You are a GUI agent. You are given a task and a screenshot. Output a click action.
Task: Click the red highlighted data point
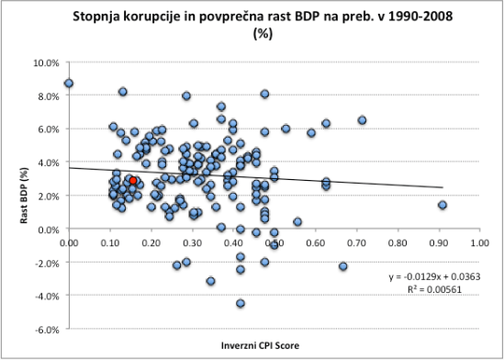pos(132,181)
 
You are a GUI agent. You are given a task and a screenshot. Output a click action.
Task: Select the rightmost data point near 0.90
pos(442,205)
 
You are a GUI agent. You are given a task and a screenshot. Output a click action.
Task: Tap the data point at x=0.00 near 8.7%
pos(69,84)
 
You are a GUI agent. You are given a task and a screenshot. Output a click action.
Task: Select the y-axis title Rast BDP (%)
pos(15,196)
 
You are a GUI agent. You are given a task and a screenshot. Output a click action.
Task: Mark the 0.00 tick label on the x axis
pos(69,243)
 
